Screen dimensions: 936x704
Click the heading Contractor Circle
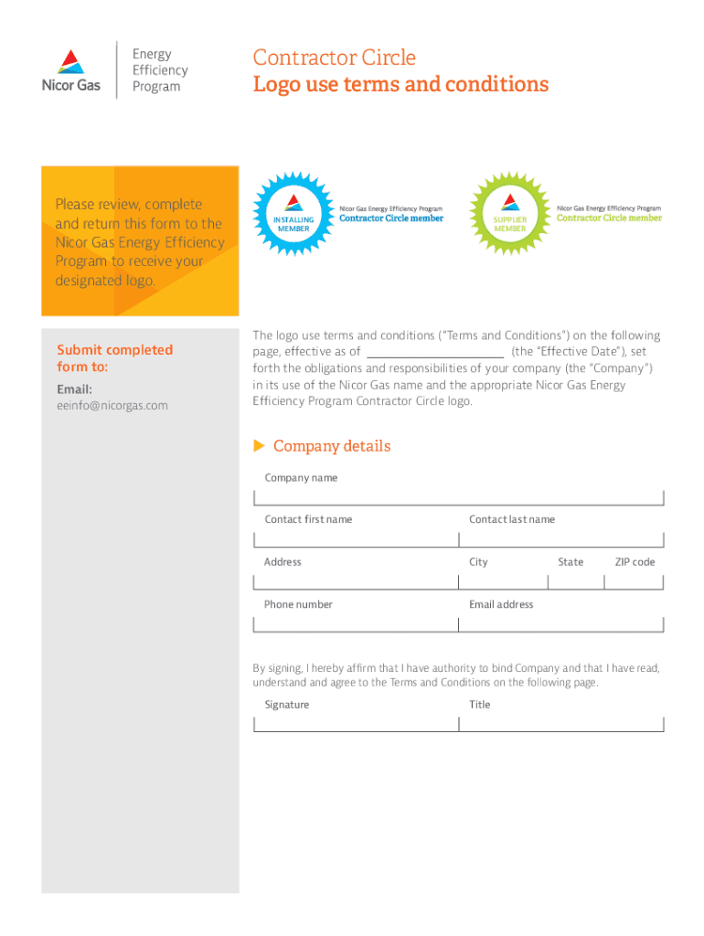point(334,58)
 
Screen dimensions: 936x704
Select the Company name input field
point(458,496)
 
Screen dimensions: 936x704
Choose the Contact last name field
point(560,538)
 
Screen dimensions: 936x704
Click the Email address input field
point(560,623)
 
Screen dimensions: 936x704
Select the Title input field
point(560,723)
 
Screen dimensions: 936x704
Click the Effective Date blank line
point(435,353)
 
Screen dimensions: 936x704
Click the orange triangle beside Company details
point(259,446)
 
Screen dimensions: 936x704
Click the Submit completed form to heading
point(114,358)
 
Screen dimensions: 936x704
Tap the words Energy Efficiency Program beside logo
point(160,70)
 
